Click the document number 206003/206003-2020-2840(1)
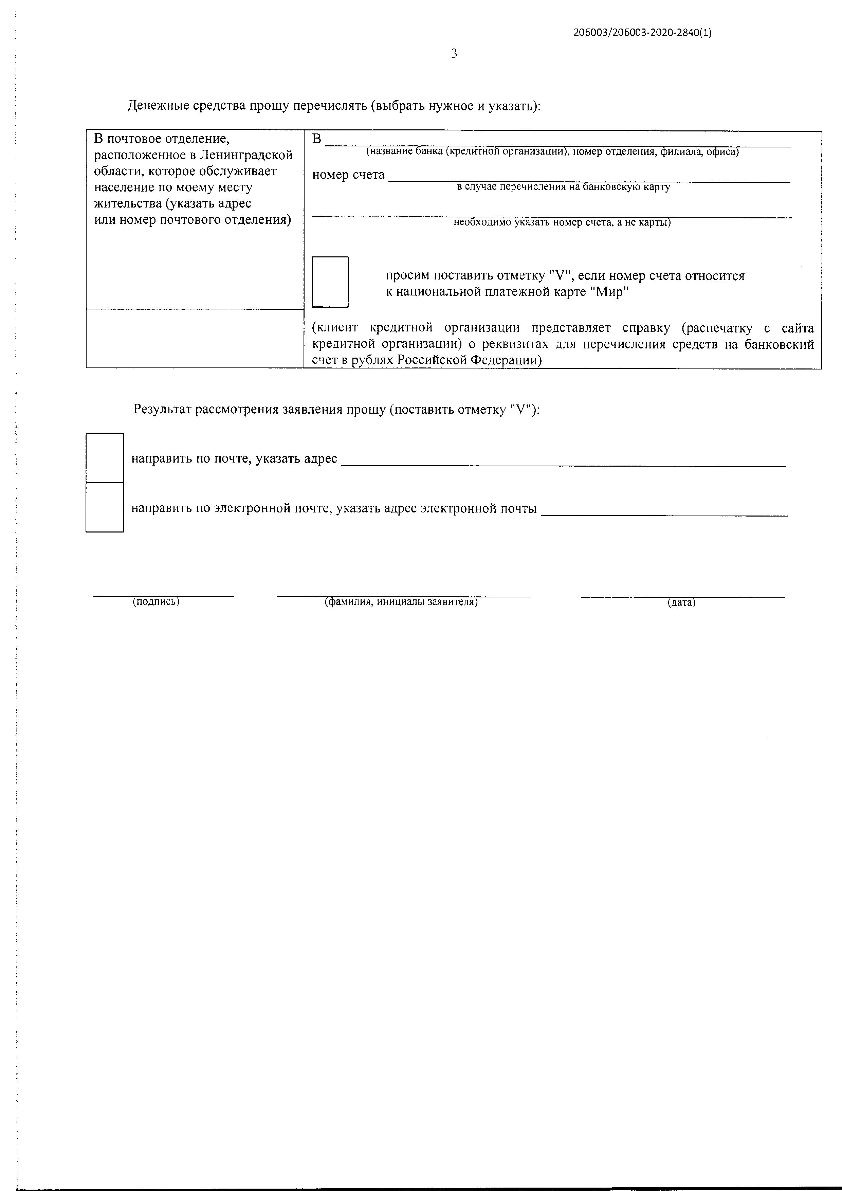[642, 33]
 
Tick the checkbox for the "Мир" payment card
[330, 282]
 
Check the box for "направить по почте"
[104, 457]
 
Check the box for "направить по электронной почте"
[104, 507]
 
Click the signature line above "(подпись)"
[163, 594]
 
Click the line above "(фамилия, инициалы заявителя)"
[404, 594]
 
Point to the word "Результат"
[161, 409]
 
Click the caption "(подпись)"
[156, 602]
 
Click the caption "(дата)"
[681, 603]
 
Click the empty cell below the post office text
[195, 338]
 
